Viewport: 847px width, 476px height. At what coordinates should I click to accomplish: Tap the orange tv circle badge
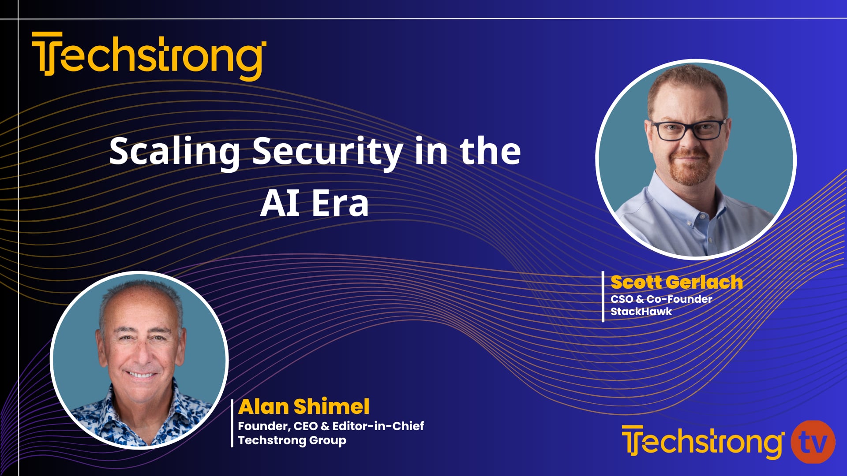point(813,442)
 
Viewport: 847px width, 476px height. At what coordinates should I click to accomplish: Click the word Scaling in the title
point(174,151)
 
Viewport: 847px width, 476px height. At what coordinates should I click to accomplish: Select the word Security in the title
point(327,151)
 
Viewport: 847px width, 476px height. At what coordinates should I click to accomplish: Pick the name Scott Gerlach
point(676,282)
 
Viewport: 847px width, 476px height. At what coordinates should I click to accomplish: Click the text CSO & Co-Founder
point(661,299)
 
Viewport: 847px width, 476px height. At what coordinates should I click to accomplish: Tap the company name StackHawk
point(641,312)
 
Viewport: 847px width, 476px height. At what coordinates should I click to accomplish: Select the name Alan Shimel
point(304,406)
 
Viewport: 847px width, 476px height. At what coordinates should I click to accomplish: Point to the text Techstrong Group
point(292,440)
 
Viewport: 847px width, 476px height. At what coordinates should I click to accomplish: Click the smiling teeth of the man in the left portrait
point(141,375)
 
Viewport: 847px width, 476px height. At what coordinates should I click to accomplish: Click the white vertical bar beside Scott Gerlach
point(603,296)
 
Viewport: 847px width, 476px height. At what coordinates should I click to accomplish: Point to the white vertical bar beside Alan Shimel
point(232,423)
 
